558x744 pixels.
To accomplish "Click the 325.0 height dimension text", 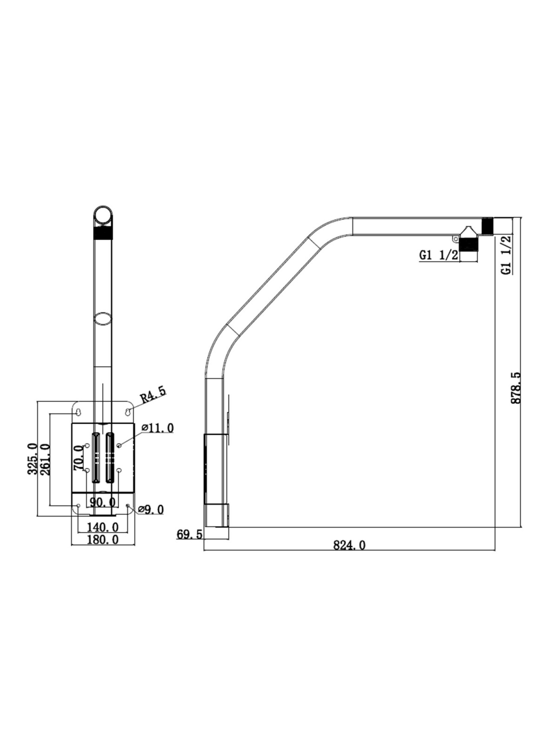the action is tap(33, 459).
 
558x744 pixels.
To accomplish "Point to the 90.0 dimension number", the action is tap(103, 501).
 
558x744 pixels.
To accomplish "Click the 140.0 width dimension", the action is tap(103, 526).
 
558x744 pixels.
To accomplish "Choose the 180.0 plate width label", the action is tap(103, 539).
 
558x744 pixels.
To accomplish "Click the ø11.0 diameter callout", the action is tap(158, 428).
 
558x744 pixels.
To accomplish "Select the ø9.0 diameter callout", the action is tap(151, 509).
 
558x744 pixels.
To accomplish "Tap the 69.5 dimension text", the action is tap(189, 535).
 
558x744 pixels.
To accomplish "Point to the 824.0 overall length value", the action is tap(349, 545).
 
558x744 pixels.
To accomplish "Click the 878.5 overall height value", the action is tap(516, 388).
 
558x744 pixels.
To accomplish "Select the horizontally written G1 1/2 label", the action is tap(439, 255).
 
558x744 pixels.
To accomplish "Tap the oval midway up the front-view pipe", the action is tap(103, 319).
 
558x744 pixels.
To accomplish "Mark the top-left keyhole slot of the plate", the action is tap(79, 412).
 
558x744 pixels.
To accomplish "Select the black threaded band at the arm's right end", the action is tap(487, 226).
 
